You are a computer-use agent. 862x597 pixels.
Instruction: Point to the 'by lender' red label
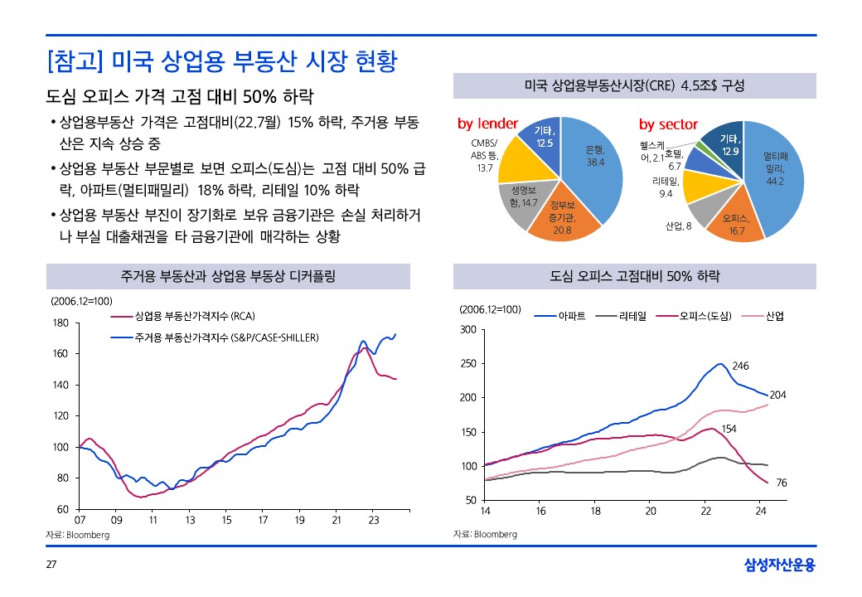point(487,124)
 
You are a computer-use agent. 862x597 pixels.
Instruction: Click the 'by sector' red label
point(668,124)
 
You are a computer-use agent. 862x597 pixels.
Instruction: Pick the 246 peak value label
point(740,366)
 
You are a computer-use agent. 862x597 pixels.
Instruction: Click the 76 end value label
point(781,483)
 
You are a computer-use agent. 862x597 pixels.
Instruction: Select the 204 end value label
point(777,395)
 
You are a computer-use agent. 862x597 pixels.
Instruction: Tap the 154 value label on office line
point(729,429)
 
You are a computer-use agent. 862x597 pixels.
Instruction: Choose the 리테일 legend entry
point(632,316)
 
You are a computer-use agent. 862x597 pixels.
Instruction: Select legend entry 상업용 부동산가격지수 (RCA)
point(188,316)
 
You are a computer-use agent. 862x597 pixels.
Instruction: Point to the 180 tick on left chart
point(60,323)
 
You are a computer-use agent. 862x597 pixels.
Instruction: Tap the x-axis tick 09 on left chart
point(116,520)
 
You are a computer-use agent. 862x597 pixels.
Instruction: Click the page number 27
point(51,565)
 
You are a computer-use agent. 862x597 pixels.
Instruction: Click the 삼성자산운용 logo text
point(779,565)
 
